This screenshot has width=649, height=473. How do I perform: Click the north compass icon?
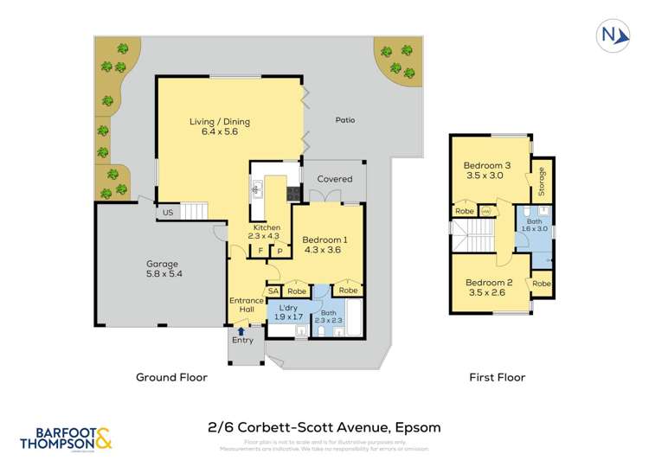[x=611, y=35]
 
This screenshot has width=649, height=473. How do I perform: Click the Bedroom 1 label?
[x=324, y=245]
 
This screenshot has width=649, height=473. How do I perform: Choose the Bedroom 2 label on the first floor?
[x=489, y=287]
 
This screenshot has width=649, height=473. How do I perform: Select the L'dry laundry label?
[x=287, y=313]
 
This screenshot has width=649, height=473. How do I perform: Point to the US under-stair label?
[x=167, y=213]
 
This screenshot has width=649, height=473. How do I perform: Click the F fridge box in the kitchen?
[x=260, y=252]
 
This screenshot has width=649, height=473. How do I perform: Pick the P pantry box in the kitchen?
[x=280, y=252]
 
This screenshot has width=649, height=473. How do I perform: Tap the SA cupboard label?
[x=273, y=291]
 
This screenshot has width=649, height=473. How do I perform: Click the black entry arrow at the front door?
[x=241, y=329]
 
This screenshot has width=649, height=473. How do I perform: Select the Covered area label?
[x=334, y=179]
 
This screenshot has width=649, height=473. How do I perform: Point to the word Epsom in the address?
[x=417, y=427]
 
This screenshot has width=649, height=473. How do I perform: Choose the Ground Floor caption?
[x=171, y=377]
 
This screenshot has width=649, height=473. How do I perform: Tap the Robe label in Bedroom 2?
[x=542, y=284]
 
